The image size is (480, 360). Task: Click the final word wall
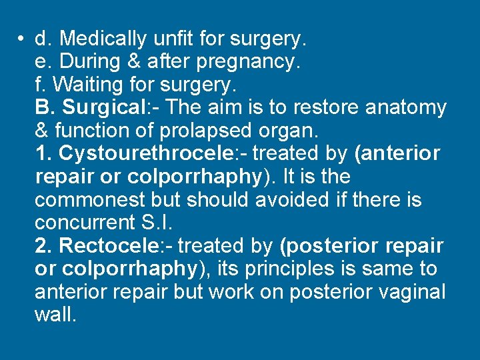(55, 315)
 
